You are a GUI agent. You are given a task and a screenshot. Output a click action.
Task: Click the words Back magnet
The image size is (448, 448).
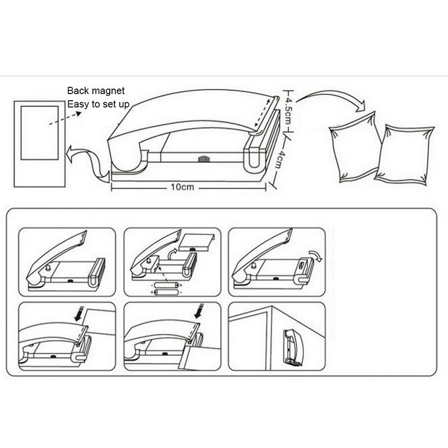96,90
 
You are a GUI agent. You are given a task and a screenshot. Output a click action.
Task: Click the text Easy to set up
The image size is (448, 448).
99,104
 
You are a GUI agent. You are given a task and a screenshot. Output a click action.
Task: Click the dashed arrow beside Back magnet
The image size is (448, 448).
62,118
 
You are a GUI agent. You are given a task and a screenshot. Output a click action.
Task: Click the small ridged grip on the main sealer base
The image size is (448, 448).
202,160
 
